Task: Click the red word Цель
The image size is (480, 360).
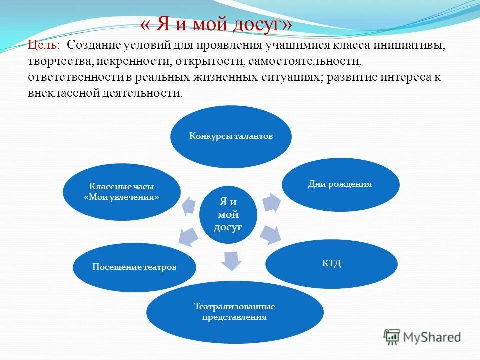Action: [x=43, y=45]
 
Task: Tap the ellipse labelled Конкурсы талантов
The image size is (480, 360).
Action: [x=231, y=136]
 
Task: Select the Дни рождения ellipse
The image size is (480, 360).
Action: [x=341, y=184]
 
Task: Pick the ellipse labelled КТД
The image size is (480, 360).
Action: [x=331, y=263]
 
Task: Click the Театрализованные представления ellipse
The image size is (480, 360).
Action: [x=235, y=311]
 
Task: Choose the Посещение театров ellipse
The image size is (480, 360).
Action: [x=134, y=267]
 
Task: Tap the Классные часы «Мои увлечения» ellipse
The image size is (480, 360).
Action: [x=122, y=191]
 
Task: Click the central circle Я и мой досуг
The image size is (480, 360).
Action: [x=228, y=214]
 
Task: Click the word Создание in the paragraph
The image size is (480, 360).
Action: [x=89, y=45]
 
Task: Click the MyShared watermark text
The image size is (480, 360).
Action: [x=432, y=338]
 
